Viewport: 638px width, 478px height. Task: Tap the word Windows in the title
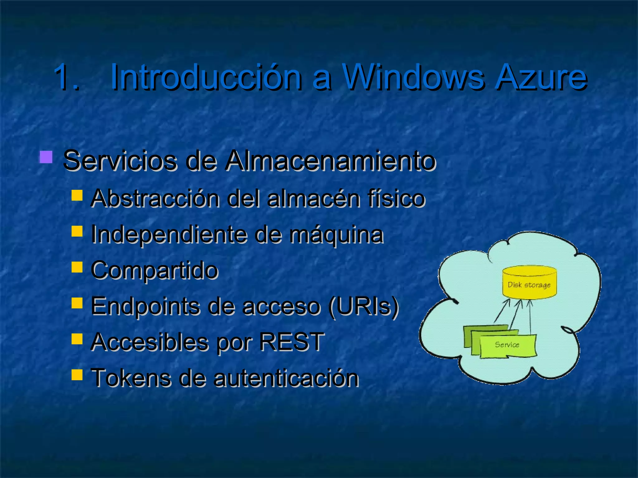pos(413,77)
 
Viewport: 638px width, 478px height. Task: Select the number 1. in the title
pos(66,77)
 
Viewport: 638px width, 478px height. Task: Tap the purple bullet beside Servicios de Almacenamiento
pos(46,157)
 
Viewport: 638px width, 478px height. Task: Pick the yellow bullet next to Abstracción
pos(77,195)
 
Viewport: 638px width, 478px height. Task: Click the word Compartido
pos(155,270)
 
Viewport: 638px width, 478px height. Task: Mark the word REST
pos(292,342)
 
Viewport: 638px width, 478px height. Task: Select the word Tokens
pos(131,378)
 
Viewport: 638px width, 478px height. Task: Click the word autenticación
pos(286,378)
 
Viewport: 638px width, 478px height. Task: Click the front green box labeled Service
pos(508,346)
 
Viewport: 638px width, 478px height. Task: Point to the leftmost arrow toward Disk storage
pos(502,311)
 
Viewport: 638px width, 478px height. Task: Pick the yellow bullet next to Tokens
pos(77,375)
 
